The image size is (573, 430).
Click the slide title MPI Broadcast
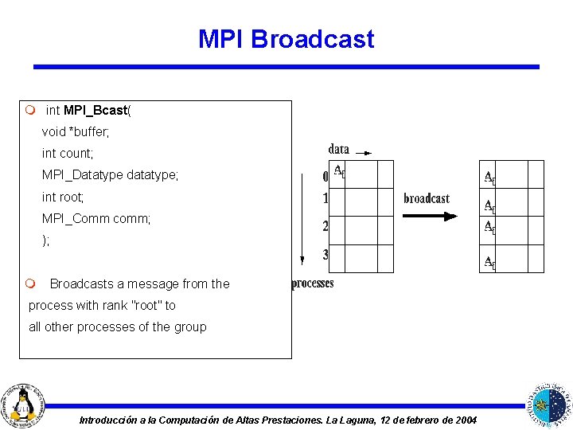286,39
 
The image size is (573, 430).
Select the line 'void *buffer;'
76,131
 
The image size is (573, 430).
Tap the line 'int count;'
68,153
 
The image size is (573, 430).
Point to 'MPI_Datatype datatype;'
111,174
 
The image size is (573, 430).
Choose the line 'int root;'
63,196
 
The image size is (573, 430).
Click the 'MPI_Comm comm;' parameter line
96,217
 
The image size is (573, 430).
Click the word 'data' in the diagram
338,149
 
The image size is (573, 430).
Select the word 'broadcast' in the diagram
427,198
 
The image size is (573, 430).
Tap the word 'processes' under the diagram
313,283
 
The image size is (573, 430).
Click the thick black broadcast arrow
430,216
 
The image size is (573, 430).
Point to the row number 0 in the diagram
325,176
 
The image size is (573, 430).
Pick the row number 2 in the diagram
325,227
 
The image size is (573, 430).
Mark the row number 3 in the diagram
325,256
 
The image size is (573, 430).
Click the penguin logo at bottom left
25,403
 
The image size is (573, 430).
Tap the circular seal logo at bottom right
550,403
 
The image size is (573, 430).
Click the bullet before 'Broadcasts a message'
29,284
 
